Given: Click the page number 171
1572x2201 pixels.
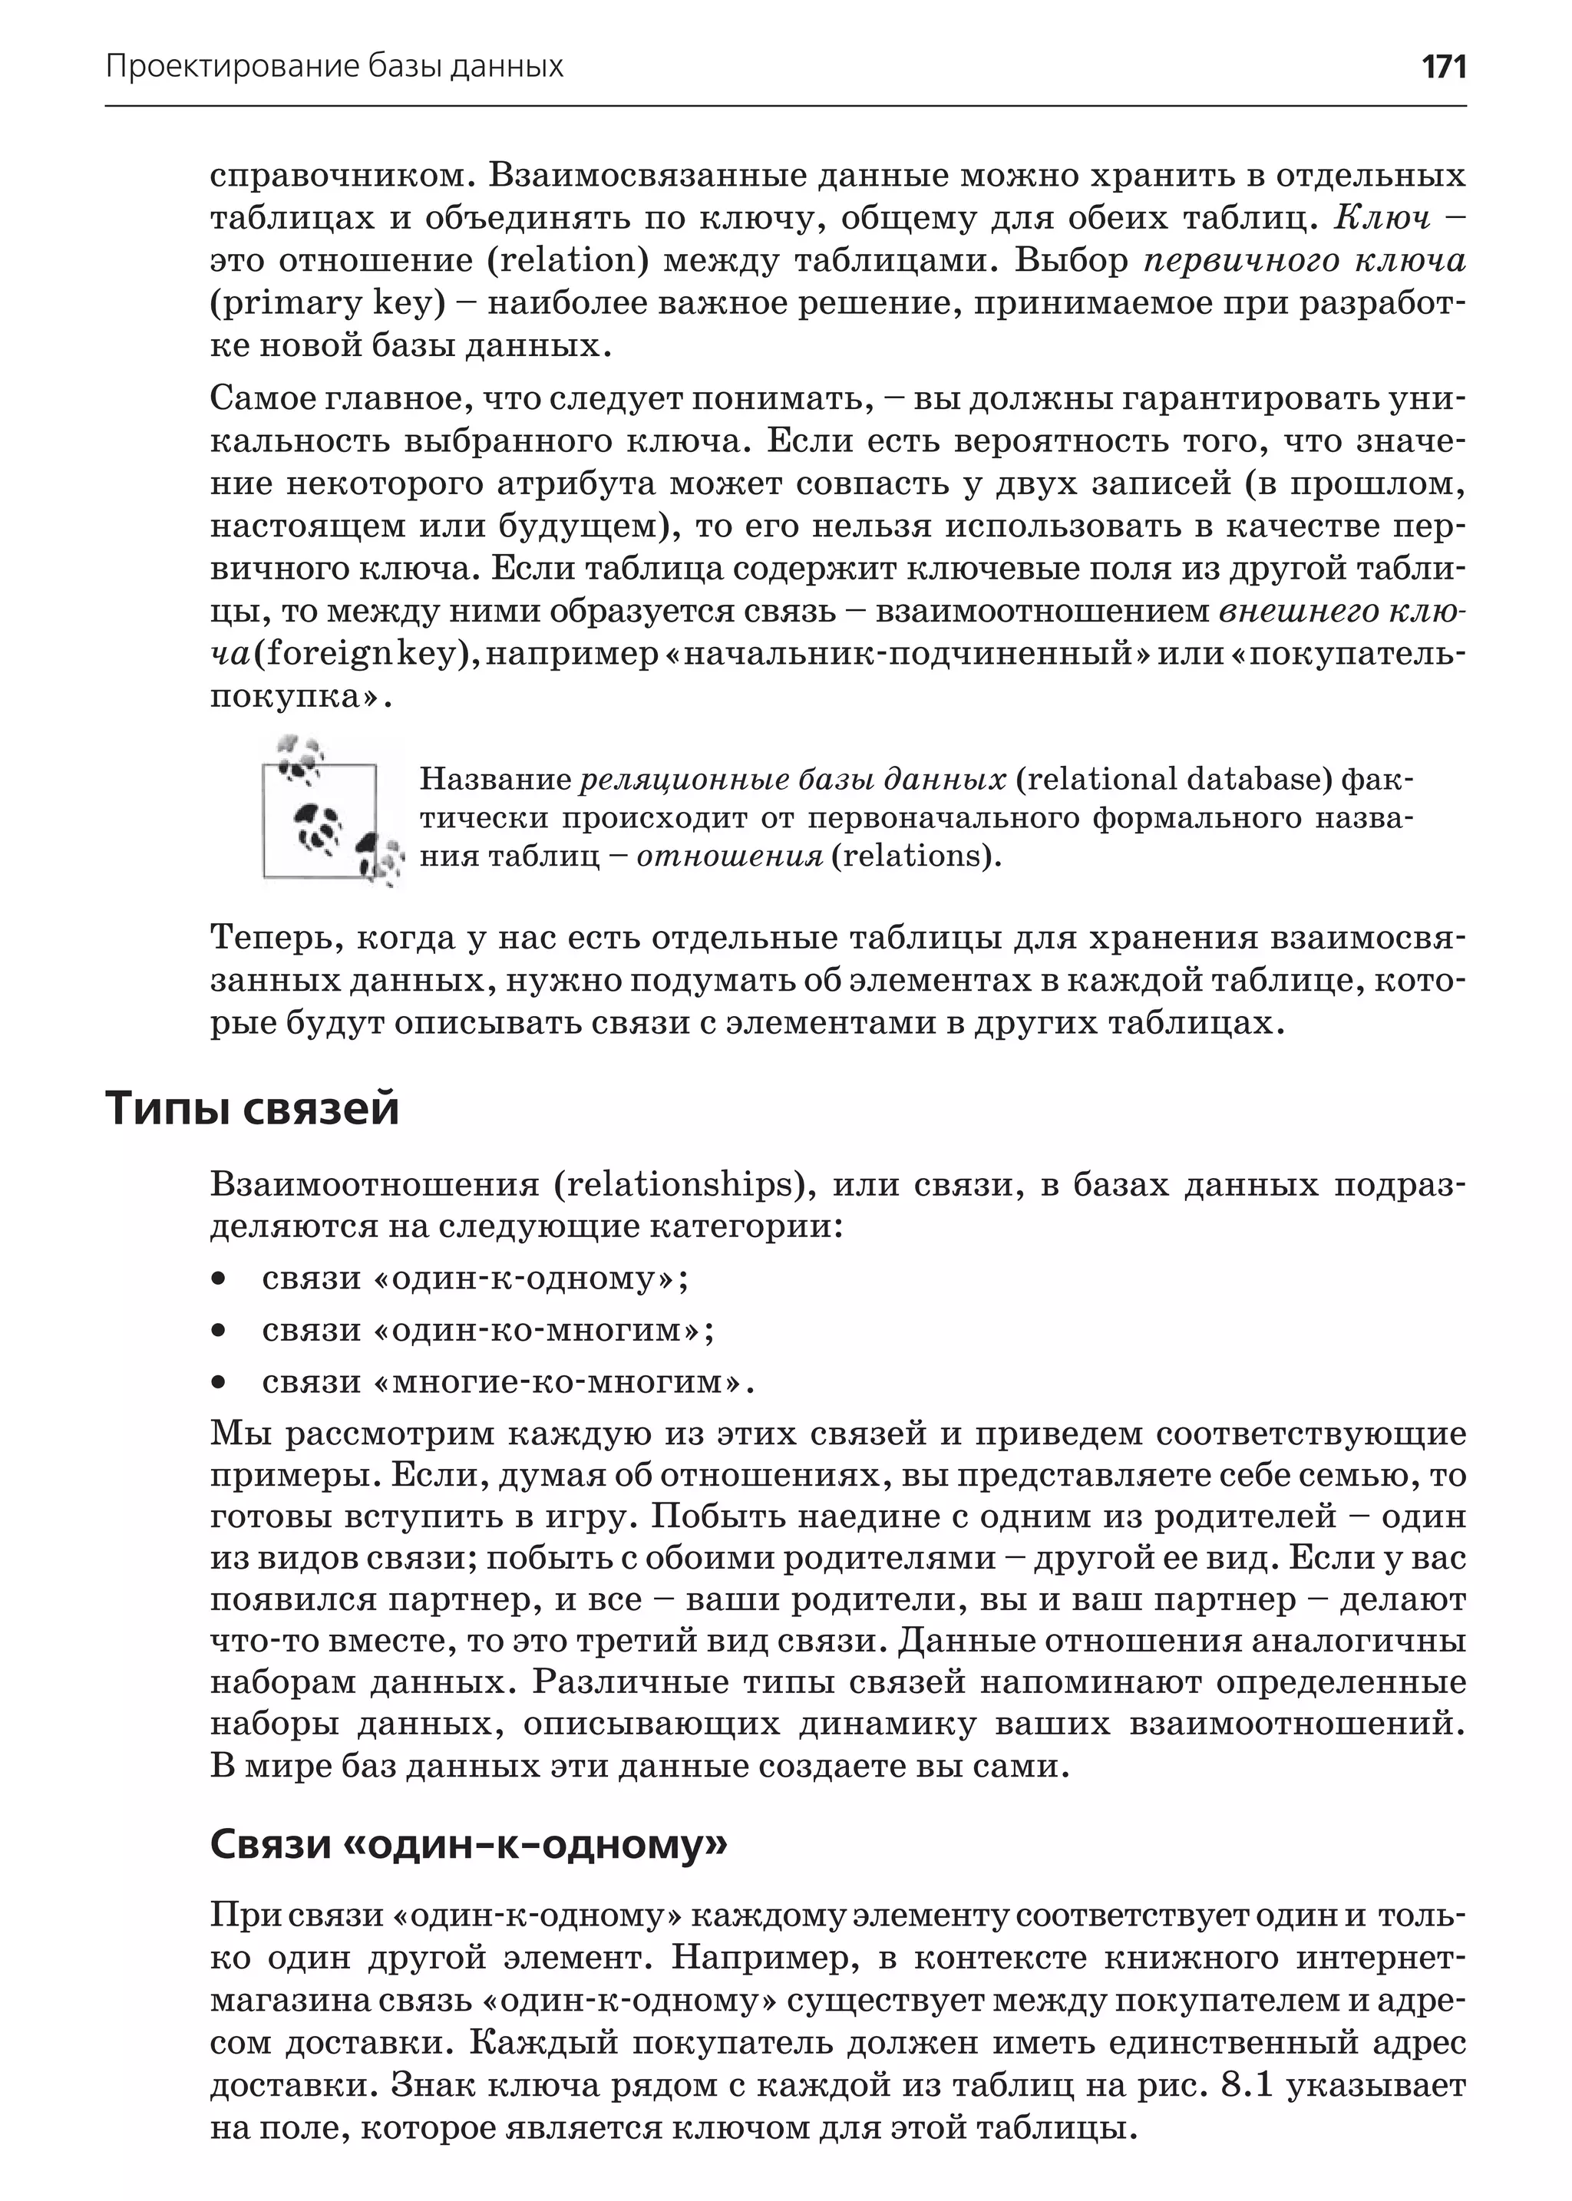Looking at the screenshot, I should (x=1443, y=67).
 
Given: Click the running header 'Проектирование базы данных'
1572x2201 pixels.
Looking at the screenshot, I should (x=334, y=67).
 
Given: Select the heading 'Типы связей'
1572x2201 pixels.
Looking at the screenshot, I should (x=252, y=1108).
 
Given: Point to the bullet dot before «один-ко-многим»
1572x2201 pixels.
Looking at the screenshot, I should (x=220, y=1331).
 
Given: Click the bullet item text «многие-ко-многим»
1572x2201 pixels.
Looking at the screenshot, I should (x=507, y=1382).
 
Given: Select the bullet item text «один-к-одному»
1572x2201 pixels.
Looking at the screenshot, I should (x=474, y=1279).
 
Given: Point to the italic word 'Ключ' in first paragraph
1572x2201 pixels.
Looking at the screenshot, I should (x=1382, y=219).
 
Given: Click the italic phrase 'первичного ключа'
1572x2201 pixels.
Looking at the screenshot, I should (x=1304, y=262).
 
